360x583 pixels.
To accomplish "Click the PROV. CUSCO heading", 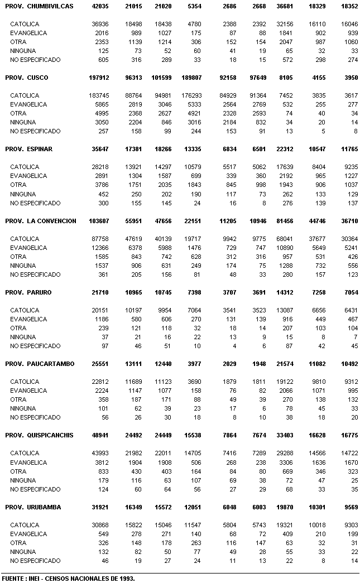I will [26, 78].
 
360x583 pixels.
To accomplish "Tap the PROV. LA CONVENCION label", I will [40, 221].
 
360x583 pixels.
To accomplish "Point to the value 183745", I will [101, 95].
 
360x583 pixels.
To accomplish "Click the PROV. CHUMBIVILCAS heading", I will [39, 6].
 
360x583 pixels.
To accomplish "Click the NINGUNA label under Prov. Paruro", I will [23, 337].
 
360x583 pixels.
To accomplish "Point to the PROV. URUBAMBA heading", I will [33, 507].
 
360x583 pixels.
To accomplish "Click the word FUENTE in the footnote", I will [13, 579].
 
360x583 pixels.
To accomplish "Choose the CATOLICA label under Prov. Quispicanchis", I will [25, 454].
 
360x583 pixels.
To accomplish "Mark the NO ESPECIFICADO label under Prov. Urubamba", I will [35, 561].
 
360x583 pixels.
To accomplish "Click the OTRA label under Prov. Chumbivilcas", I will [18, 42].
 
